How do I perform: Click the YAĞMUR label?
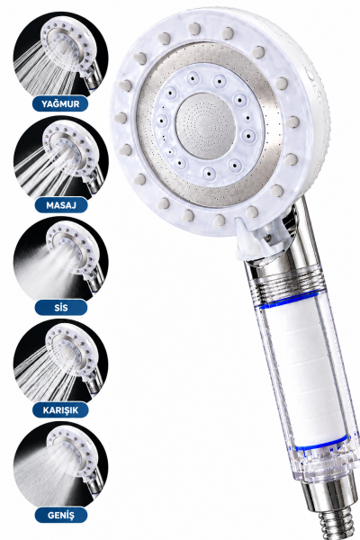60,103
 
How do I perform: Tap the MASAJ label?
61,205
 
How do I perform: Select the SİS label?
61,307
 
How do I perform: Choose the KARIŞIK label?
60,409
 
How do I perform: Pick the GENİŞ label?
61,515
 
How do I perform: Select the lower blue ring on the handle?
320,445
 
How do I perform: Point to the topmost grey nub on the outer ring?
194,28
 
